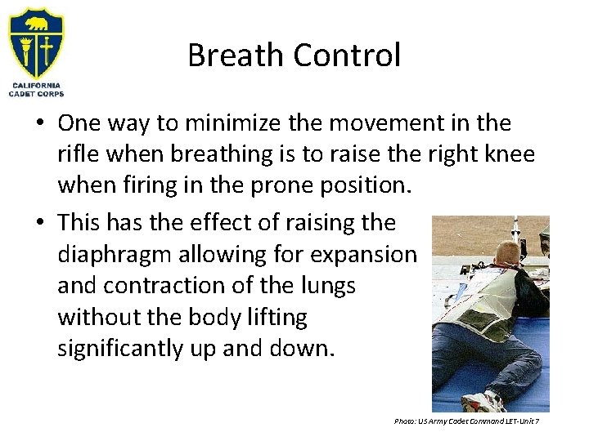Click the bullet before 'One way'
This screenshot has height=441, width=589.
(40, 124)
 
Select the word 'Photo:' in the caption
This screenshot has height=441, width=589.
(405, 421)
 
